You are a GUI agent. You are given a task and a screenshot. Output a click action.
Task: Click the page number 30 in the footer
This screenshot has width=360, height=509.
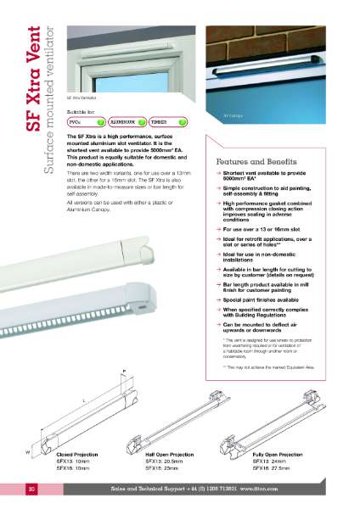pyautogui.click(x=31, y=489)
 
